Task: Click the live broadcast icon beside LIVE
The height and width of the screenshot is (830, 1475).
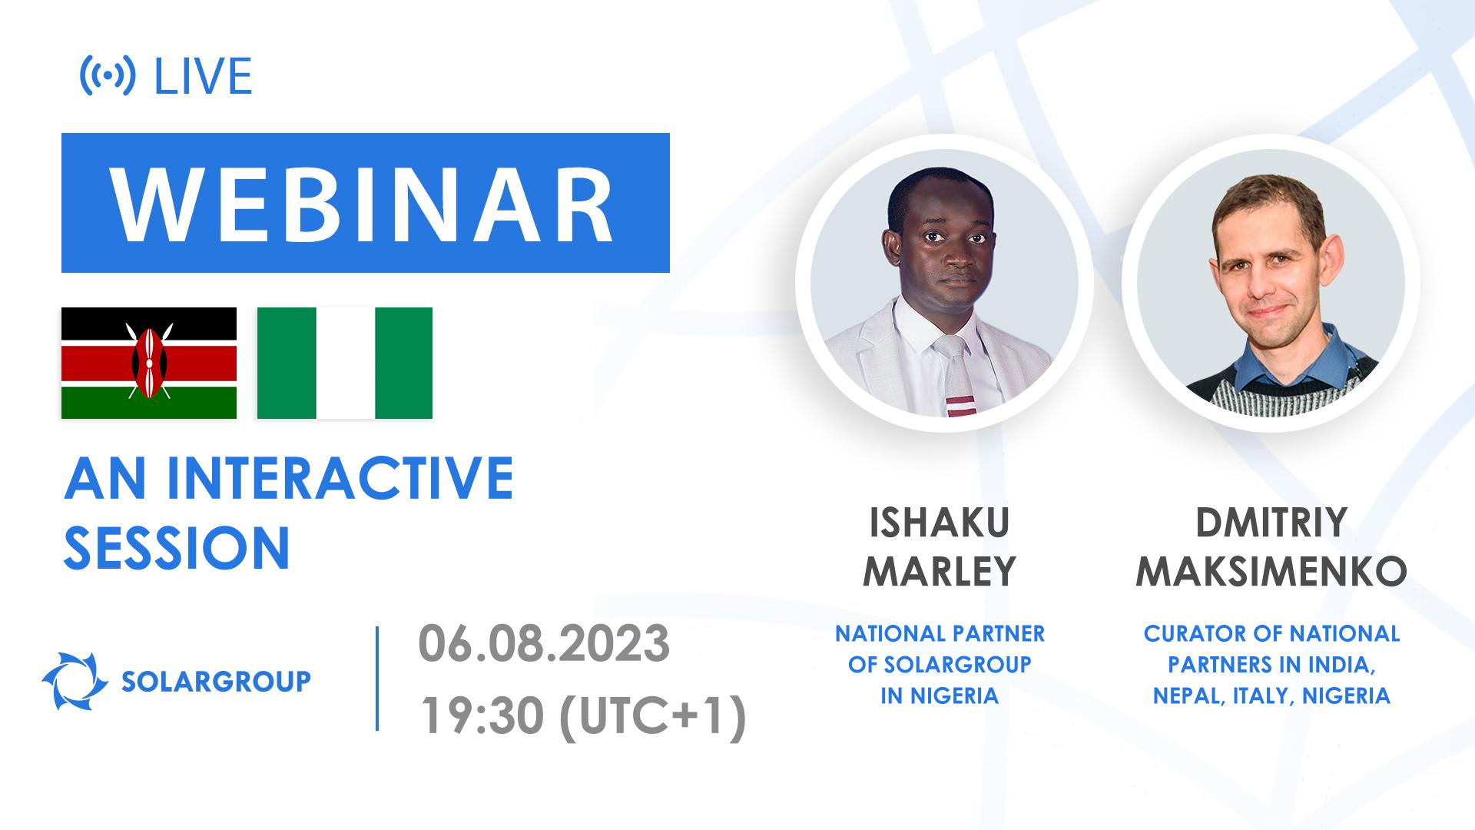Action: (x=108, y=75)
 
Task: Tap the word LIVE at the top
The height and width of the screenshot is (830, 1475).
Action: (x=203, y=76)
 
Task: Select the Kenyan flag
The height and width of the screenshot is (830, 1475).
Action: (x=148, y=363)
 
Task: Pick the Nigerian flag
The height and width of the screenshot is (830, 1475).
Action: (x=345, y=363)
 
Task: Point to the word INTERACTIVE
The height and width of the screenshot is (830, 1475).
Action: (x=340, y=478)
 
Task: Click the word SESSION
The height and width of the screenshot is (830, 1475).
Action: (x=177, y=548)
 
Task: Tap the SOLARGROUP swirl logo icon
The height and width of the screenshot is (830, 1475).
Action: (x=75, y=681)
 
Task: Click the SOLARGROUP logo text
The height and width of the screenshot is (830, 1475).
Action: (x=216, y=681)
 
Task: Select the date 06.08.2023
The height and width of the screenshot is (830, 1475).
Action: (x=543, y=643)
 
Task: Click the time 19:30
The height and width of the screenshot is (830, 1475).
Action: (x=480, y=715)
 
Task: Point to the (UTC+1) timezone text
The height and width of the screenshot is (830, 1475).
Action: (x=653, y=715)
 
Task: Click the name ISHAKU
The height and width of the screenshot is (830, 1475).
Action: (x=939, y=523)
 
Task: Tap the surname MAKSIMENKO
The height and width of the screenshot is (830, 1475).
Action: (x=1271, y=572)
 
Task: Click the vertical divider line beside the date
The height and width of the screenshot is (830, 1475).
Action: (x=377, y=678)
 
